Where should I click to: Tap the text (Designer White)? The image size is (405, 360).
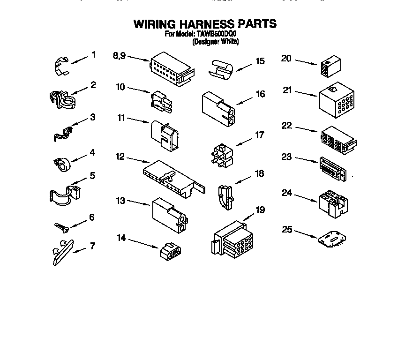pos(216,42)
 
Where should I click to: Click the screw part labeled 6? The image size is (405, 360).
pos(62,227)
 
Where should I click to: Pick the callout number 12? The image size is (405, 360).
pos(120,157)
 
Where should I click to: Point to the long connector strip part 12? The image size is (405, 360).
pos(173,178)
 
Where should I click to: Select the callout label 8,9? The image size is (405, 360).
pos(120,56)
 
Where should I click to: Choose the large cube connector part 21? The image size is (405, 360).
pos(336,100)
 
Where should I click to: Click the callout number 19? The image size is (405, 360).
pos(260,209)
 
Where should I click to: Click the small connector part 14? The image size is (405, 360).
pos(171,251)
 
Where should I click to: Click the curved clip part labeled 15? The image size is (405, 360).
pos(222,69)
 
